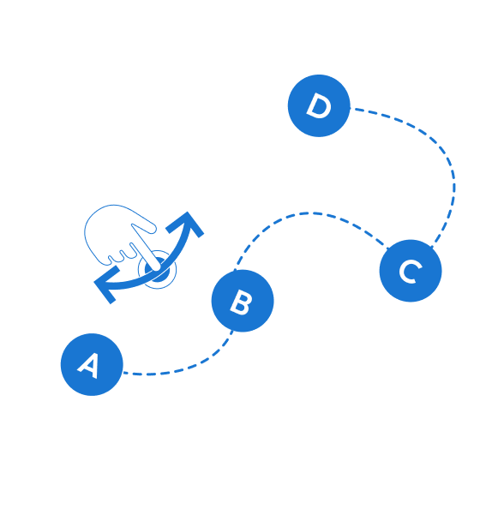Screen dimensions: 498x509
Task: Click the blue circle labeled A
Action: tap(92, 364)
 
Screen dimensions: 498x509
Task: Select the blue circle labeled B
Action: tap(243, 301)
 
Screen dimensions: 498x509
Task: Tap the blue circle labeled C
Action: tap(411, 271)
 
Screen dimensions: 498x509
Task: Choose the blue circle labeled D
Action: tap(319, 105)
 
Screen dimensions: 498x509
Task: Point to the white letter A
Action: tap(88, 366)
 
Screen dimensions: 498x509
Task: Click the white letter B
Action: tap(241, 302)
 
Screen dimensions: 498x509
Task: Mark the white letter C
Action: tap(411, 272)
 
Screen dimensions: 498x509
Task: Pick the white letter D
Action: tap(319, 105)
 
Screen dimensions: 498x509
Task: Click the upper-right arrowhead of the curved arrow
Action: tap(188, 224)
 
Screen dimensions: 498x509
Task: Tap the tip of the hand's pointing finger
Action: tap(156, 268)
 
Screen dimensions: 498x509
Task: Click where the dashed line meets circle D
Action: tap(350, 108)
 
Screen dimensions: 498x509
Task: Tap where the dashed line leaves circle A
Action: tap(123, 373)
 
